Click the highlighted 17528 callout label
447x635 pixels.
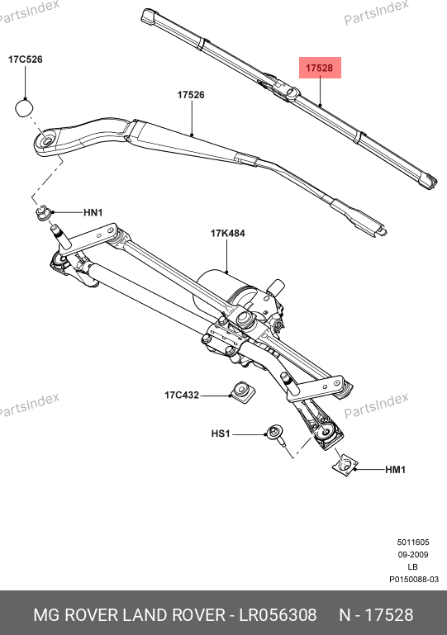[x=320, y=68]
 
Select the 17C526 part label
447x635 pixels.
[x=25, y=59]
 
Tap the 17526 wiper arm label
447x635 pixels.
[x=191, y=95]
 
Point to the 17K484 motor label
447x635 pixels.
[x=227, y=233]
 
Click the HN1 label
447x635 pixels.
[x=93, y=212]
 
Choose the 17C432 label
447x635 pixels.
[x=182, y=395]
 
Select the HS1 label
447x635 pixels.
[x=221, y=434]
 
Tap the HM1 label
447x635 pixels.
[x=395, y=470]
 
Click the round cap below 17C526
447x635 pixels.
[x=24, y=108]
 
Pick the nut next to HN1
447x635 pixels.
[x=43, y=213]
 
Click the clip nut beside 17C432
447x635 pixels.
[x=242, y=391]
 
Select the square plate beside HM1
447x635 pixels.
[x=345, y=466]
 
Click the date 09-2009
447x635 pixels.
[x=413, y=554]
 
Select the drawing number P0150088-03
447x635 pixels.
[x=414, y=579]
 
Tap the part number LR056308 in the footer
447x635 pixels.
[x=278, y=614]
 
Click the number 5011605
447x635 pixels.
[x=413, y=542]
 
